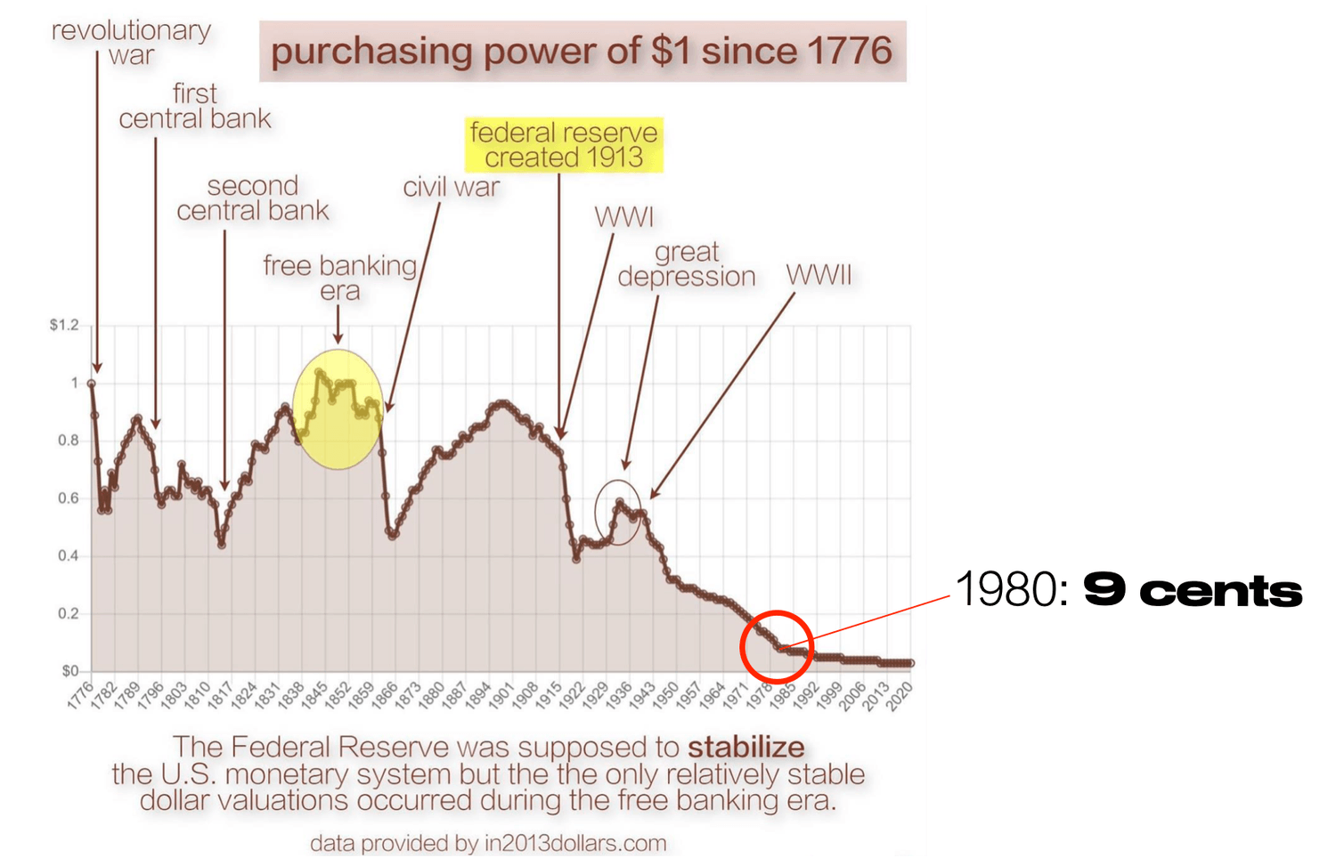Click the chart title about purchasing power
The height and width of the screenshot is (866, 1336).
pos(582,52)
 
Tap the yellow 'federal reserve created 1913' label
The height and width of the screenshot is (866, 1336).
pos(564,145)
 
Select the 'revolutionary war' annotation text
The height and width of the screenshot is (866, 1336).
pos(131,43)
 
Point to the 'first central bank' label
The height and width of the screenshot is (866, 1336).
pos(195,106)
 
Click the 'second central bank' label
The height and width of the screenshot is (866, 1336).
pos(252,198)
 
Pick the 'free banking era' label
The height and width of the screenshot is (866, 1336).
pos(339,278)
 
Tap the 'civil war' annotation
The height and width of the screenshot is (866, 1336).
pos(451,187)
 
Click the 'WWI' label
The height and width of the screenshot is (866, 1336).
pos(623,217)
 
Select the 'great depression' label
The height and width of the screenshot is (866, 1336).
pos(687,264)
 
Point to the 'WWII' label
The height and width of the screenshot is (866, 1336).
pos(819,275)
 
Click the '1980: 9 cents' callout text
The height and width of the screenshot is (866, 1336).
pos(1128,590)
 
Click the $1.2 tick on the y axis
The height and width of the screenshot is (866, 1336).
pos(64,326)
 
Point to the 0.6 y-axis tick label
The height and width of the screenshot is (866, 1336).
pos(69,498)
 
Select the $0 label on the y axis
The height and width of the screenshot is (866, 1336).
pos(69,671)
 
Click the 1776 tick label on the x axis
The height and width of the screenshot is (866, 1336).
pos(80,695)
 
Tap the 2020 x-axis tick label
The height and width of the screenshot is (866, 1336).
pos(900,695)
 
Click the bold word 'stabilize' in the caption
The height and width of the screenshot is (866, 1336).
pos(745,748)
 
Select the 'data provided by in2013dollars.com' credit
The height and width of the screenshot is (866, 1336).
pos(488,843)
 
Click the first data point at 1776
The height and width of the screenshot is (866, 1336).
pos(91,384)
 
